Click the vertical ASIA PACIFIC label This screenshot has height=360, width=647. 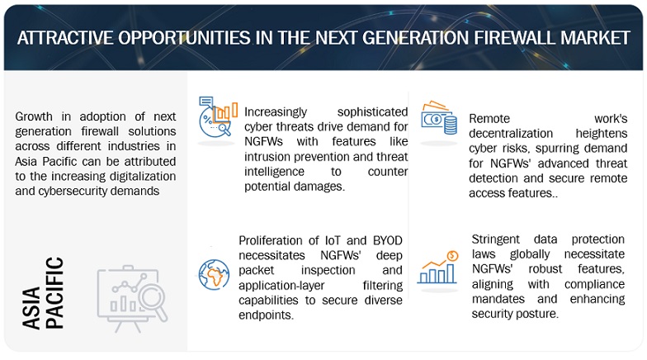[x=43, y=293]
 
